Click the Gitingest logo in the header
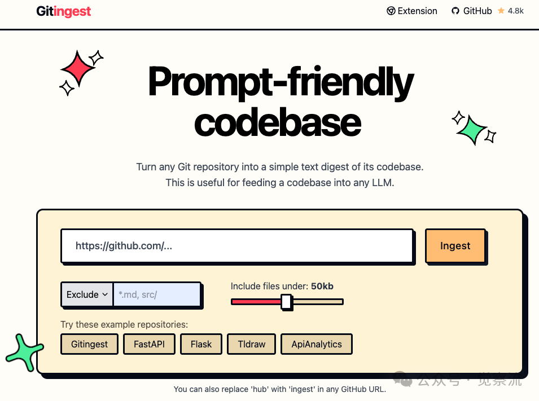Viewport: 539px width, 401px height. [x=64, y=11]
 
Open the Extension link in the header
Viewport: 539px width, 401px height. [x=412, y=11]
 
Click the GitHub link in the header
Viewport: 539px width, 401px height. [x=472, y=11]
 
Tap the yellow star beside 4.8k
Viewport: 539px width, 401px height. [x=501, y=11]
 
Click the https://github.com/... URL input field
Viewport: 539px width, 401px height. [x=237, y=246]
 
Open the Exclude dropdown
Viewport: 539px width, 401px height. [x=87, y=294]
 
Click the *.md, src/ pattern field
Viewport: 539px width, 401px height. [x=157, y=294]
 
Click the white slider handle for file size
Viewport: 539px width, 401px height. [x=286, y=302]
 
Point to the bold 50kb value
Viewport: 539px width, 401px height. [x=322, y=287]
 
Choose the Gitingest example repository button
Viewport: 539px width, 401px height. [x=89, y=344]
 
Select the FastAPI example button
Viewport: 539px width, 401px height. [x=149, y=344]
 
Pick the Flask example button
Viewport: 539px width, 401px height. [x=201, y=344]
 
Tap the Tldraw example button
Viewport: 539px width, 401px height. [x=251, y=344]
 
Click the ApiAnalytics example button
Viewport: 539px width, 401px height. [x=317, y=344]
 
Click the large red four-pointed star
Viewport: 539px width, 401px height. [x=78, y=68]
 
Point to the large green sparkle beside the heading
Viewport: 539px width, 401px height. [x=472, y=130]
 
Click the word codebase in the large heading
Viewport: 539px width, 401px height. [x=278, y=122]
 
